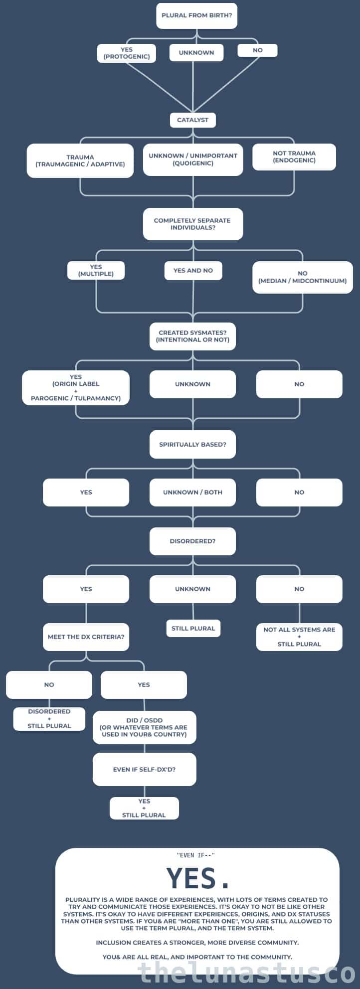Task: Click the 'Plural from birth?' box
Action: [x=196, y=15]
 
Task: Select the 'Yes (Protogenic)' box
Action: [x=127, y=53]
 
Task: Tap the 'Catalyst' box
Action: [x=192, y=120]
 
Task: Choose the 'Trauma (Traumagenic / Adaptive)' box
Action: [x=80, y=161]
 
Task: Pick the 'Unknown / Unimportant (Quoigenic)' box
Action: [x=193, y=160]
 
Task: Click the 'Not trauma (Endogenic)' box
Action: [x=294, y=157]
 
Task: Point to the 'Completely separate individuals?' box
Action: [x=192, y=224]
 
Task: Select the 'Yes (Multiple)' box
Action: [x=96, y=270]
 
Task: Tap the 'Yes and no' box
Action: [x=193, y=271]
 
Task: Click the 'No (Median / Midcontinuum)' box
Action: [x=302, y=277]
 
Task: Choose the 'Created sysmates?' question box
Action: [x=192, y=336]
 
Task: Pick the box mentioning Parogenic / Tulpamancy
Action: [x=76, y=388]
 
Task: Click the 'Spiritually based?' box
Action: [x=192, y=444]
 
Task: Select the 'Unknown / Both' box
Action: [x=192, y=492]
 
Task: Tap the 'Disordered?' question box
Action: [x=192, y=541]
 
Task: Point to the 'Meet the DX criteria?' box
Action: [x=86, y=637]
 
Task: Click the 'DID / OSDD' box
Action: [x=144, y=727]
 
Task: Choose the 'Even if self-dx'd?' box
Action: [x=144, y=769]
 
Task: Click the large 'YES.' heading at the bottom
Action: [x=197, y=878]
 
